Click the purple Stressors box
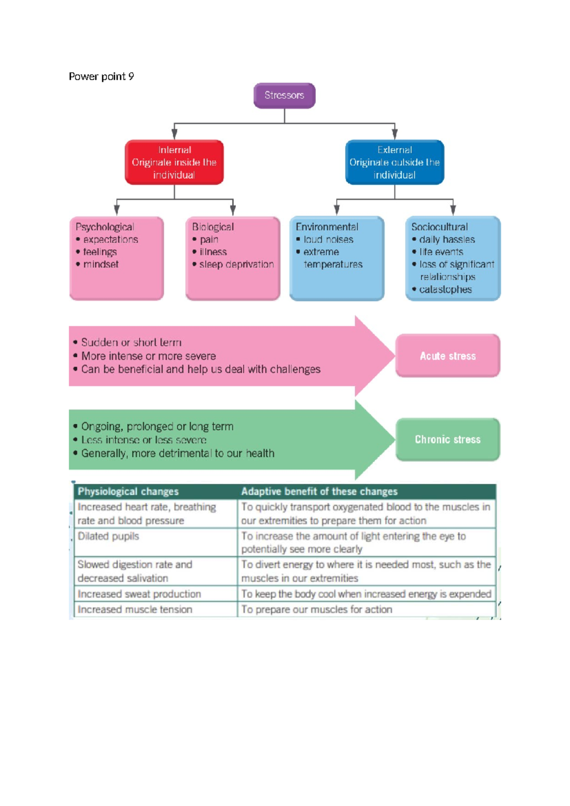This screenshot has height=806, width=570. point(284,96)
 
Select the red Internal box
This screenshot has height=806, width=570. point(174,162)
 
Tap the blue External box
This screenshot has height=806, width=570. point(394,162)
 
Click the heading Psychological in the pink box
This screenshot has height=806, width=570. point(104,227)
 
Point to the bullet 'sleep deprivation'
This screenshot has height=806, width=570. point(236,264)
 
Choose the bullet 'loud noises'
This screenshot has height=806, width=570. point(328,240)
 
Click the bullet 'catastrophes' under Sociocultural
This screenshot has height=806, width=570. point(445,289)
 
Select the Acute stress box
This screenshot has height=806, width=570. point(447,356)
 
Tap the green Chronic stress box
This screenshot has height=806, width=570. point(447,440)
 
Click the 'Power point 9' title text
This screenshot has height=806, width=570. point(101,77)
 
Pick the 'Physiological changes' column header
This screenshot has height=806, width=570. point(128,491)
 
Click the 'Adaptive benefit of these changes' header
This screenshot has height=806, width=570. point(319,491)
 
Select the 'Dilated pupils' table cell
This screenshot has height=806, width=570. point(108,537)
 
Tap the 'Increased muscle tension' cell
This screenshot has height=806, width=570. point(135,610)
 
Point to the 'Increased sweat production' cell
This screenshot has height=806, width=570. point(139,594)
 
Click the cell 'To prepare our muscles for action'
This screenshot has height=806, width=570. point(316,610)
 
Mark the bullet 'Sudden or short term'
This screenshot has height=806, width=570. point(131,343)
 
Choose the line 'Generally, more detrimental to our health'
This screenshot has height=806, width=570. point(178,453)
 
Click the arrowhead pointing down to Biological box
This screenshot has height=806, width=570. point(233,210)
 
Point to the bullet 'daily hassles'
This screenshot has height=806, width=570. point(446,240)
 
